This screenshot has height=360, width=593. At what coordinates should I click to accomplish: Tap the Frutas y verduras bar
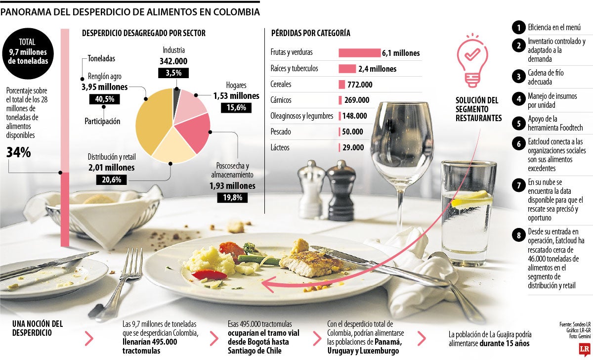(359, 53)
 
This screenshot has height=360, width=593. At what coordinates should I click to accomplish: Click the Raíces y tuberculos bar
(347, 69)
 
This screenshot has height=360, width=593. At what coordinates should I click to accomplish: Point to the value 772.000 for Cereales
(360, 85)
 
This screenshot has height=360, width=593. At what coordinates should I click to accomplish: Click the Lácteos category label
(280, 147)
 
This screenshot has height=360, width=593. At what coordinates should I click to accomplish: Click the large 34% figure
(19, 153)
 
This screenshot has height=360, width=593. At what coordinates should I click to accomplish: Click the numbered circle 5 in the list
(518, 123)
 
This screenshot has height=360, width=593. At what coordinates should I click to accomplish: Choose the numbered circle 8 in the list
(518, 235)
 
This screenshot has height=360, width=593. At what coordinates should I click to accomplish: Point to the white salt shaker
(311, 183)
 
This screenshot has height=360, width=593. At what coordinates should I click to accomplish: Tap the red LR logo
(583, 350)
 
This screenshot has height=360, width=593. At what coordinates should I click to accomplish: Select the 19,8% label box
(232, 198)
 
